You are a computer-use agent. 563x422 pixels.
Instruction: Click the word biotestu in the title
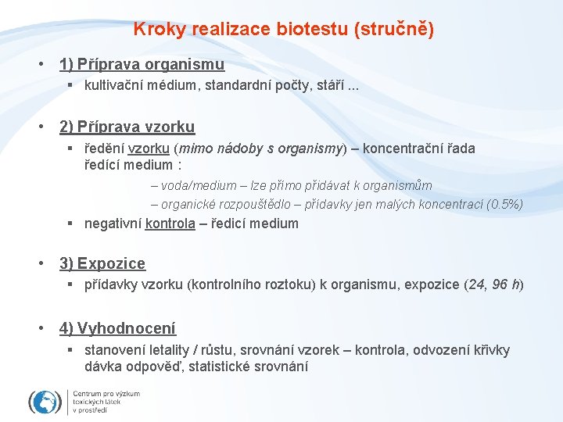[x=312, y=30]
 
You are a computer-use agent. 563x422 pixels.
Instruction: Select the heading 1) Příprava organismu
[x=142, y=64]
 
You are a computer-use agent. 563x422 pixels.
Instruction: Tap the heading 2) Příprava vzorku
[x=127, y=127]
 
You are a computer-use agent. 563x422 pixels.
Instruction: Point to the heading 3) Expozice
[x=102, y=264]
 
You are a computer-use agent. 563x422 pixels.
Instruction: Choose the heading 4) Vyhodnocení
[x=117, y=328]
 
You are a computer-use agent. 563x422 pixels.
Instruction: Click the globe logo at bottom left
[x=45, y=402]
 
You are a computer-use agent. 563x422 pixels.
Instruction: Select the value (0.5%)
[x=504, y=205]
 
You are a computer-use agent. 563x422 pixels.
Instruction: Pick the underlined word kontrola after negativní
[x=170, y=224]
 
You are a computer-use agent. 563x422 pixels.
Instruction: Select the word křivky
[x=490, y=349]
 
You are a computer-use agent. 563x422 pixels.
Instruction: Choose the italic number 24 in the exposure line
[x=473, y=284]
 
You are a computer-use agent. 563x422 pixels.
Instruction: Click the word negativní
[x=113, y=224]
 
